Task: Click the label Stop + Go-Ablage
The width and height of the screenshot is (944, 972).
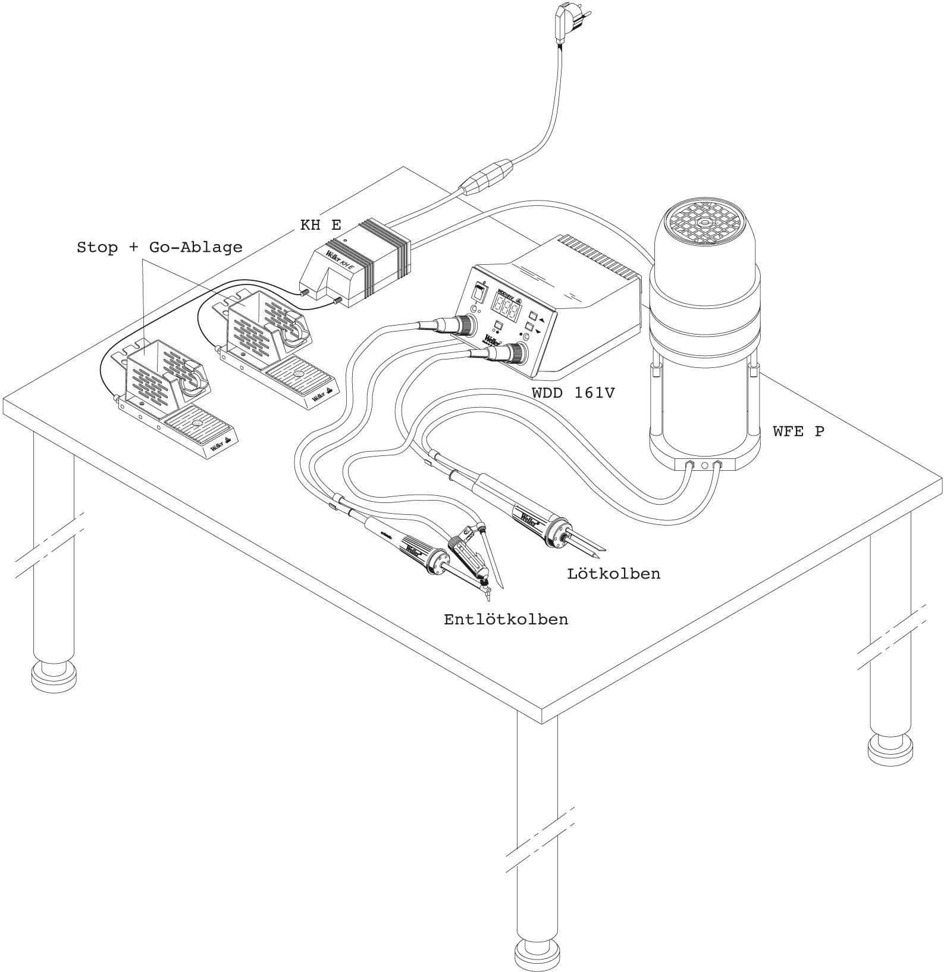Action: [x=159, y=247]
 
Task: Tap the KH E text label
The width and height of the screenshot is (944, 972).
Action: [x=321, y=225]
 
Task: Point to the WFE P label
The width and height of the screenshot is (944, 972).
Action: [x=798, y=432]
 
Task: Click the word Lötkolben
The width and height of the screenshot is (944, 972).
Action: [x=613, y=574]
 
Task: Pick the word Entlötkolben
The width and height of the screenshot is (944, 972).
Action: [x=506, y=620]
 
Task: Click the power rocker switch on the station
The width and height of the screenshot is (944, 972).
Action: [x=478, y=292]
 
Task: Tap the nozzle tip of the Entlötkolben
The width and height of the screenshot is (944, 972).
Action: [x=488, y=595]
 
